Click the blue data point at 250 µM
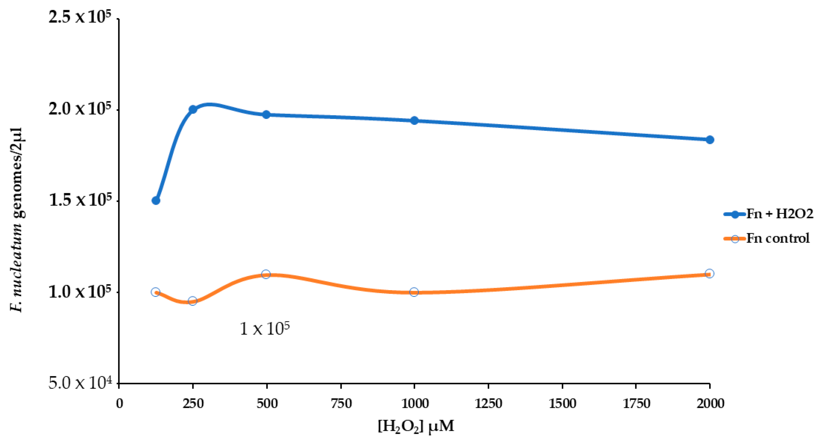click(x=193, y=109)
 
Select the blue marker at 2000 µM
click(x=710, y=140)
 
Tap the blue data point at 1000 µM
click(x=414, y=121)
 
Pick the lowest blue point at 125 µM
click(x=156, y=200)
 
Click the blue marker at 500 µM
click(x=266, y=115)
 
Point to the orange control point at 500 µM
click(x=266, y=274)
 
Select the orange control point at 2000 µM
click(x=710, y=273)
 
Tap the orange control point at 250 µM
click(x=192, y=301)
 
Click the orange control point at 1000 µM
click(x=414, y=292)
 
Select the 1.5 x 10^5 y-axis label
click(x=80, y=200)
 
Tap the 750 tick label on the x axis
click(x=341, y=403)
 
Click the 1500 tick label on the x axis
click(x=563, y=403)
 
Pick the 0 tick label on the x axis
click(x=119, y=403)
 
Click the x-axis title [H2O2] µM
click(x=416, y=426)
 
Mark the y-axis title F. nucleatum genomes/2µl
click(x=17, y=220)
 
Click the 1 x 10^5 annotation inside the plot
click(x=265, y=329)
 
